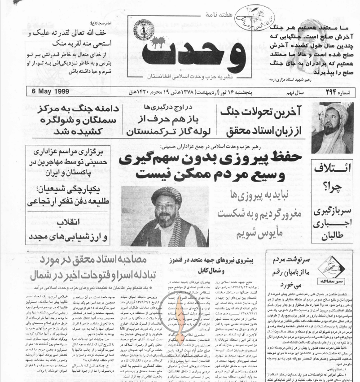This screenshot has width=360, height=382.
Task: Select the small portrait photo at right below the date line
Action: click(x=332, y=128)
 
